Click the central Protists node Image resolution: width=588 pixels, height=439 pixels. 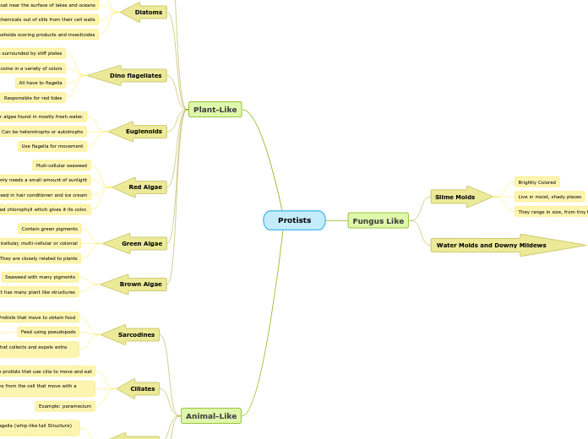[x=294, y=220]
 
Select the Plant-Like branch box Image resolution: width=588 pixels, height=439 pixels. [x=215, y=110]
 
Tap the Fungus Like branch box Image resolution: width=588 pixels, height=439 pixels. [x=378, y=220]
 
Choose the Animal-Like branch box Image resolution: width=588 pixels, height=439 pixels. [x=211, y=415]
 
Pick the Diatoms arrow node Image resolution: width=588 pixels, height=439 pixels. [x=147, y=13]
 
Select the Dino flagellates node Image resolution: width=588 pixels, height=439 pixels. [x=134, y=76]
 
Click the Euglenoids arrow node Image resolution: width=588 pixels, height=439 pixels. [x=143, y=132]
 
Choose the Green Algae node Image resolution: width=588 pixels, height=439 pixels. [x=140, y=244]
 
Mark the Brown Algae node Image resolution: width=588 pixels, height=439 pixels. [x=139, y=285]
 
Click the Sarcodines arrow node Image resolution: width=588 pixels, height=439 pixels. [x=134, y=335]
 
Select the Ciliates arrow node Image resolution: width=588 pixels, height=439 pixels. [x=141, y=389]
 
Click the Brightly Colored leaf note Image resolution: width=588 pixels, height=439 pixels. [x=537, y=182]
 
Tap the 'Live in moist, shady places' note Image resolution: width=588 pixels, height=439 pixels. [x=549, y=197]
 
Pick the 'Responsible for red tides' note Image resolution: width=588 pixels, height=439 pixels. [x=33, y=98]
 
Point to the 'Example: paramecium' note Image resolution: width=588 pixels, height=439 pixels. [x=65, y=406]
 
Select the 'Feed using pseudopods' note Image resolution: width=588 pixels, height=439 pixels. [x=48, y=332]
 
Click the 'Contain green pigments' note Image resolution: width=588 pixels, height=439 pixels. [x=50, y=229]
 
